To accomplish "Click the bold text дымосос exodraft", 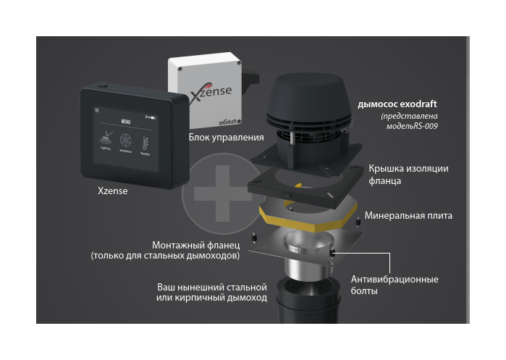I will (x=397, y=104).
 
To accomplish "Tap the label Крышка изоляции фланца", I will (x=408, y=174).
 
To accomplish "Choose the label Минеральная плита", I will (x=408, y=215).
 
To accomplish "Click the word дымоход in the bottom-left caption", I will (x=247, y=298).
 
